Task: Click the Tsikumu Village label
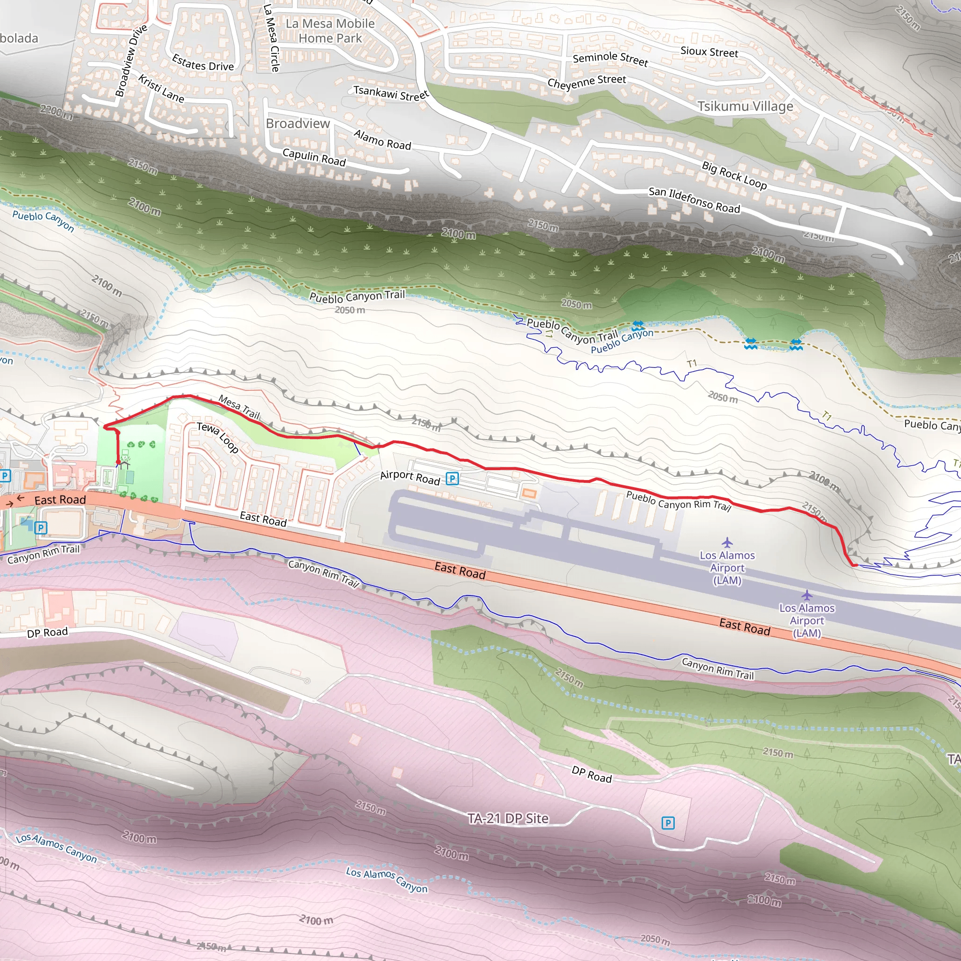745,107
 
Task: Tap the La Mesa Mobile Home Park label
330,31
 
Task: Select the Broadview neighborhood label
297,123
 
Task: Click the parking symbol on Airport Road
452,479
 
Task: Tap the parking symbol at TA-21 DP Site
668,823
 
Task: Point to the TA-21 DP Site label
508,818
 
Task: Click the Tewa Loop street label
218,438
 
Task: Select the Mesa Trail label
239,407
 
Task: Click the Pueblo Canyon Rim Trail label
678,501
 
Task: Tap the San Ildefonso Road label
694,200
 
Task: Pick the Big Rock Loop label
734,175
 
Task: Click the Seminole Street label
610,59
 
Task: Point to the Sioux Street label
709,52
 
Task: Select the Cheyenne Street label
587,82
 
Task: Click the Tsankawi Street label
390,93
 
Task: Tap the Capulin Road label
314,157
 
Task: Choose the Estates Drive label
202,63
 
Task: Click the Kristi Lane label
161,89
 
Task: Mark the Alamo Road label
382,140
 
